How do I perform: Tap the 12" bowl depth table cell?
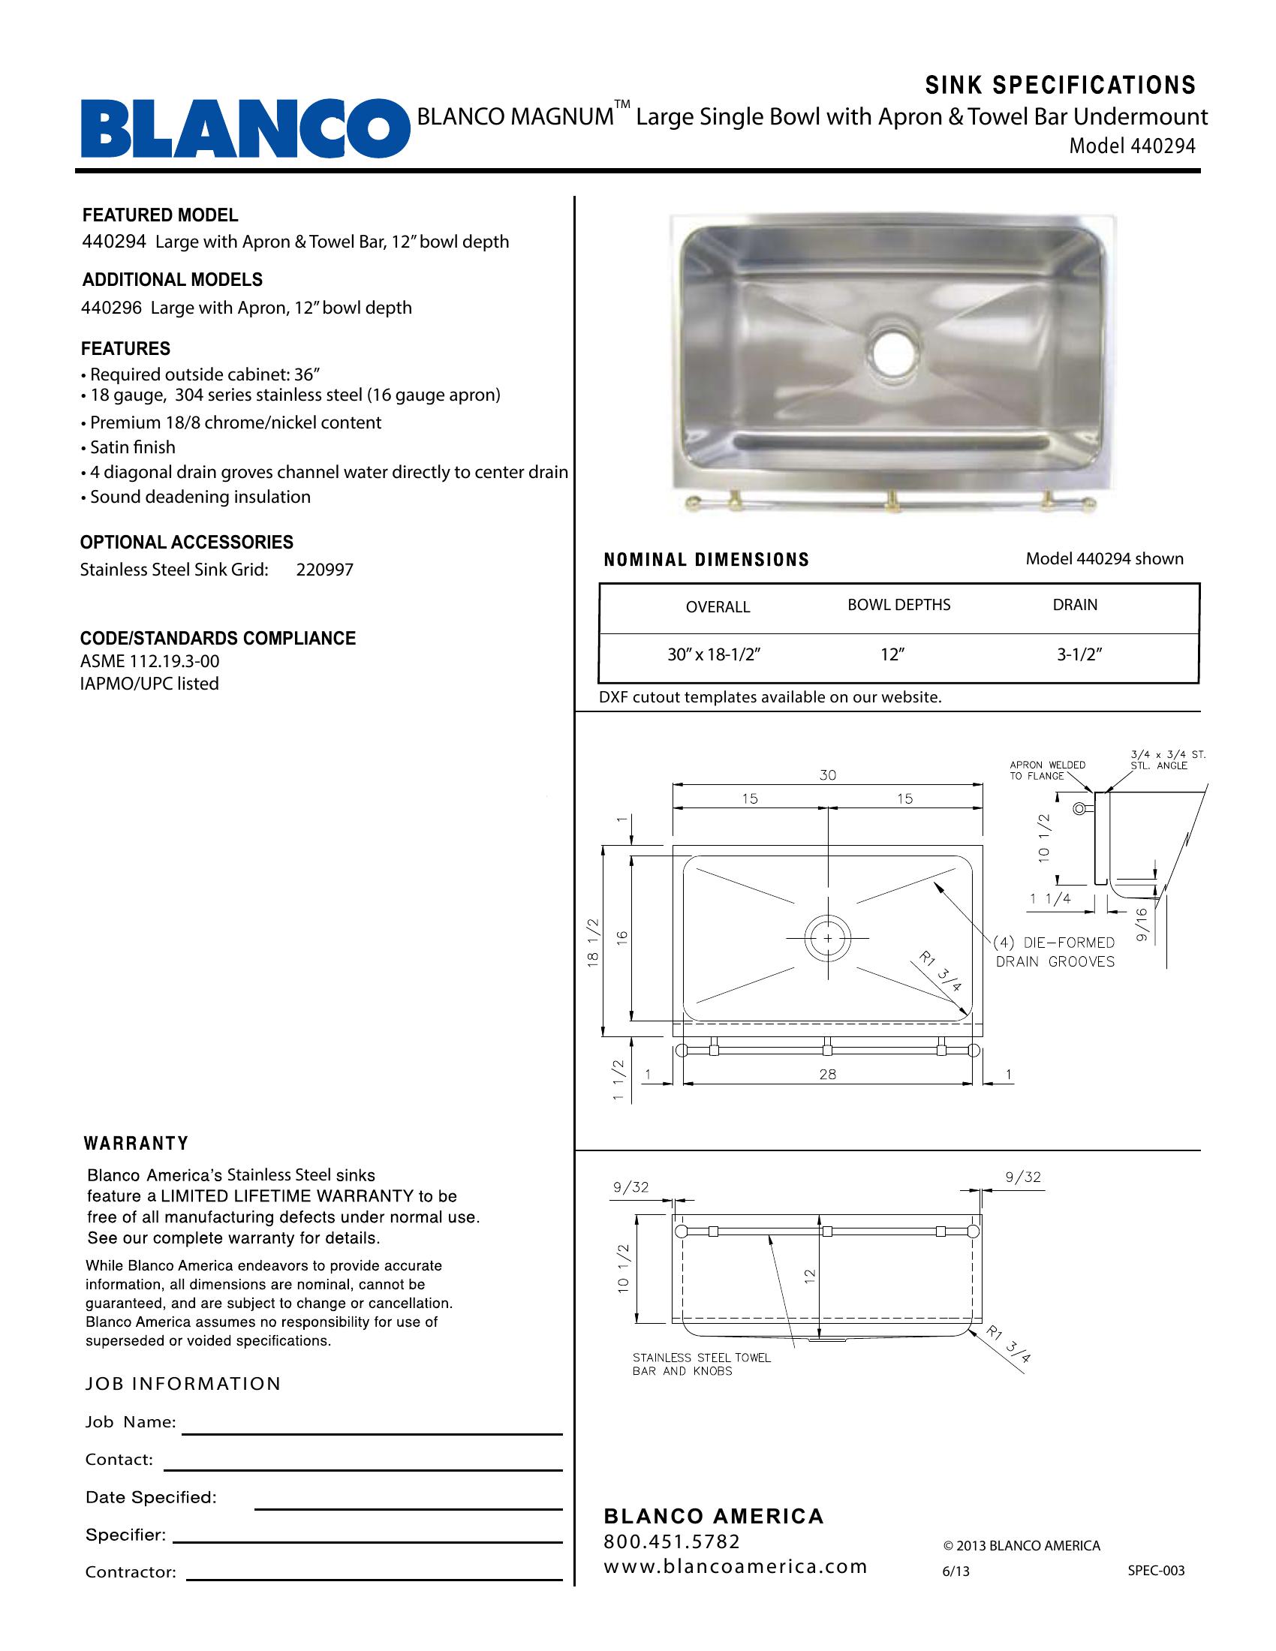(892, 654)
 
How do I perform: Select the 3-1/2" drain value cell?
(1079, 654)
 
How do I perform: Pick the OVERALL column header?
(718, 607)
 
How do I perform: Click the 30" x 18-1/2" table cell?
(713, 654)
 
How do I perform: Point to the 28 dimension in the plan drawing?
(828, 1074)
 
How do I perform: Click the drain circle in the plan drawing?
(828, 938)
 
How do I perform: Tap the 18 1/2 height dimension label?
(594, 942)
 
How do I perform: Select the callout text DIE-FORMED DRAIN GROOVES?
(1055, 952)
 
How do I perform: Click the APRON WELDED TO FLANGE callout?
(1047, 770)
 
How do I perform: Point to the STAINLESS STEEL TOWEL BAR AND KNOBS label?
(702, 1364)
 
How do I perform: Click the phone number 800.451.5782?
(671, 1541)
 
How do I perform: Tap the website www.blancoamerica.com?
(735, 1566)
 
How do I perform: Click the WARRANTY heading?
(136, 1144)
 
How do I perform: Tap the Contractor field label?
(130, 1572)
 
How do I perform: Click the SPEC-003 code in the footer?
(1156, 1571)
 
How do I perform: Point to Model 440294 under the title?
(1132, 146)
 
